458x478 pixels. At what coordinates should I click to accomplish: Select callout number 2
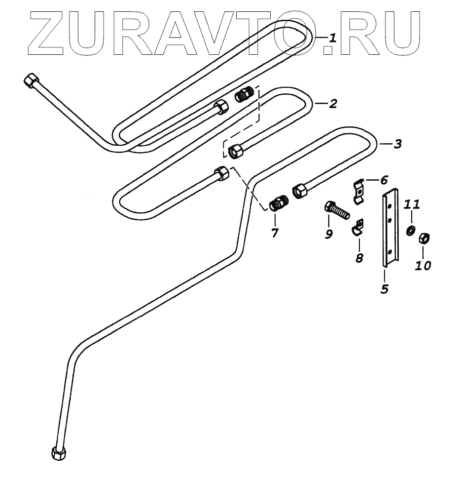[333, 104]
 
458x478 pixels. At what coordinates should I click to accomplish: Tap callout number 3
[397, 144]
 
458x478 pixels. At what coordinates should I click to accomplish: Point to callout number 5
[385, 288]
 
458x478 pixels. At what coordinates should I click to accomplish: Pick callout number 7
[275, 232]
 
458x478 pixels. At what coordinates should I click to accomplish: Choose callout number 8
[359, 257]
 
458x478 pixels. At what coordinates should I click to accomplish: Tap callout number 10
[423, 265]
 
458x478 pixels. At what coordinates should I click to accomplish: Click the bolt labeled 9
[337, 211]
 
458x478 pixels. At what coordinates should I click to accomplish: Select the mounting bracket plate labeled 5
[391, 227]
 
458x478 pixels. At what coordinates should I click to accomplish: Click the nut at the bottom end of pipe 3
[58, 452]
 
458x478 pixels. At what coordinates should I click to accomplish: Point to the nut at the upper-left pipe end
[32, 80]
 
